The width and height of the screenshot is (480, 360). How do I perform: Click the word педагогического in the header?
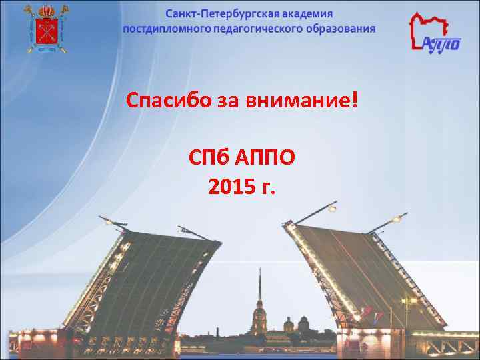255,29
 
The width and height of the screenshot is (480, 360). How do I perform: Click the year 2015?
230,188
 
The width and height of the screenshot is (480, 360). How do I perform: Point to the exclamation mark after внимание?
353,101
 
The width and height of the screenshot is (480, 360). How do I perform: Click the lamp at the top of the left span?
104,218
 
